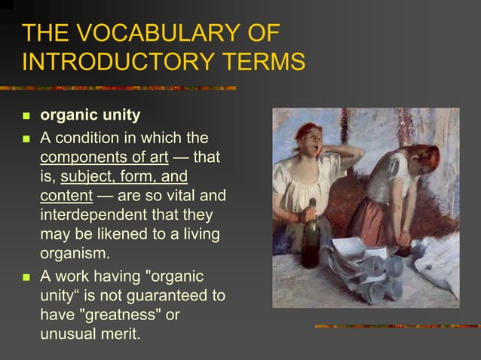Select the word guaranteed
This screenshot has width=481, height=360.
[x=165, y=294]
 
